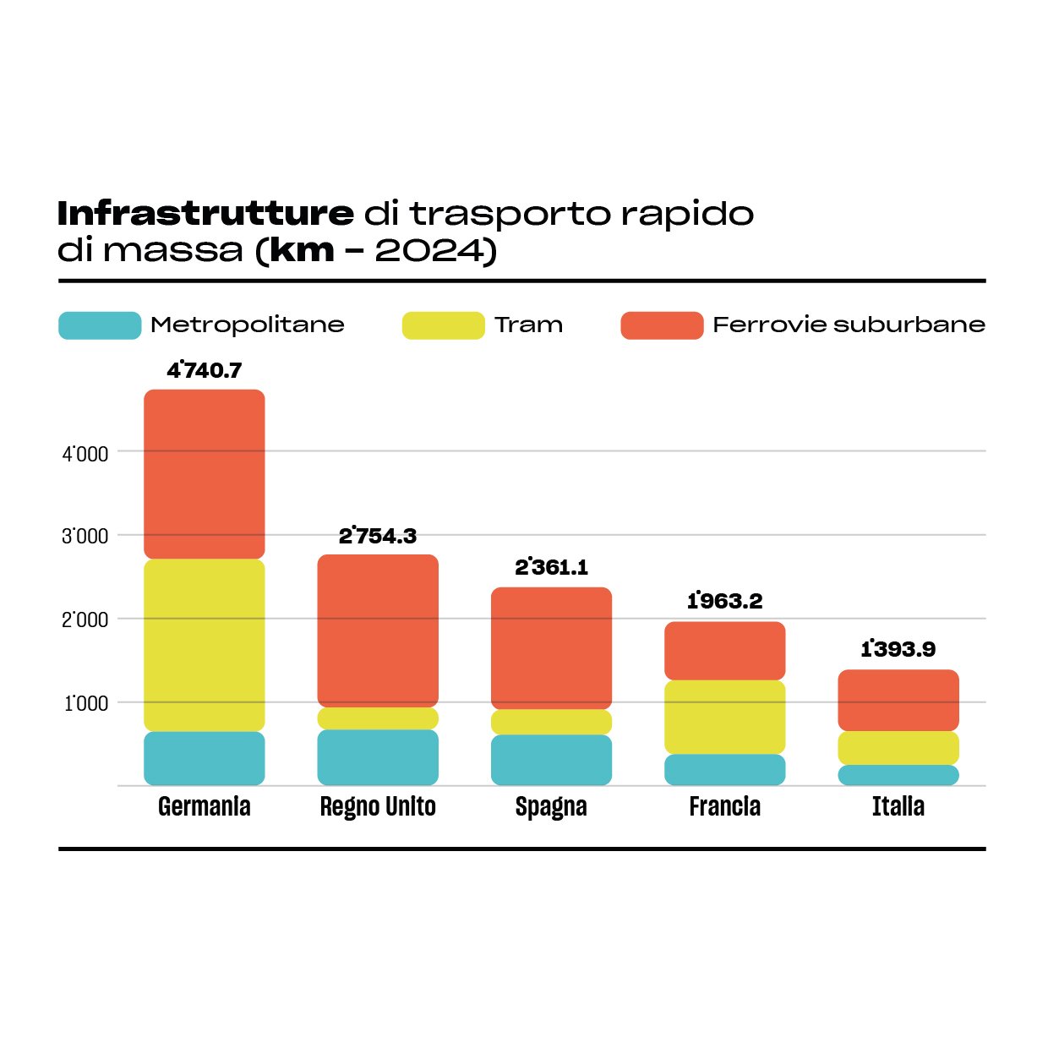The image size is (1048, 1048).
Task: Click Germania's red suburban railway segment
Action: (x=204, y=473)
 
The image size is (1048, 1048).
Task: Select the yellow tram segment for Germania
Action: (x=204, y=645)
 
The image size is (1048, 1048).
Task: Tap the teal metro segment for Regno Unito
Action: (x=378, y=757)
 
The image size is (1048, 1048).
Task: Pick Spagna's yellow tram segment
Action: (x=551, y=722)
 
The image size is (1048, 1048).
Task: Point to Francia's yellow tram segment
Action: (x=724, y=717)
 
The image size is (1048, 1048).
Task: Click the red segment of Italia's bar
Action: (x=898, y=700)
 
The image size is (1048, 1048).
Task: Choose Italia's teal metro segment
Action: (x=898, y=775)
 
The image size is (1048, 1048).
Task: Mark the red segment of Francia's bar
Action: (x=724, y=651)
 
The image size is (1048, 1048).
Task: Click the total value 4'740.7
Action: (x=205, y=370)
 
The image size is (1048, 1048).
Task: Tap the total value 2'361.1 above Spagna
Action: (x=551, y=567)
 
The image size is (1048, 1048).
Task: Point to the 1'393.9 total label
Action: (x=898, y=649)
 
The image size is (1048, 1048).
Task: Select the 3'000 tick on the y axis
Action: (x=85, y=537)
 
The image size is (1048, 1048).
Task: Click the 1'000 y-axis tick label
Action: (x=86, y=703)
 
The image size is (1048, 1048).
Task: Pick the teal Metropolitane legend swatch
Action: (x=100, y=325)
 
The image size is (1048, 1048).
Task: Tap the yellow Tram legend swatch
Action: (x=443, y=325)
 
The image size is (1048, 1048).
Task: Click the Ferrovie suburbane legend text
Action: (x=849, y=325)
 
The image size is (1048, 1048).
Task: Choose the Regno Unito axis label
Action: (x=378, y=807)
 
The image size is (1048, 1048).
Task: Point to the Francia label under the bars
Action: (x=724, y=807)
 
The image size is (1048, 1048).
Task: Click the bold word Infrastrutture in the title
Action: (x=205, y=214)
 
